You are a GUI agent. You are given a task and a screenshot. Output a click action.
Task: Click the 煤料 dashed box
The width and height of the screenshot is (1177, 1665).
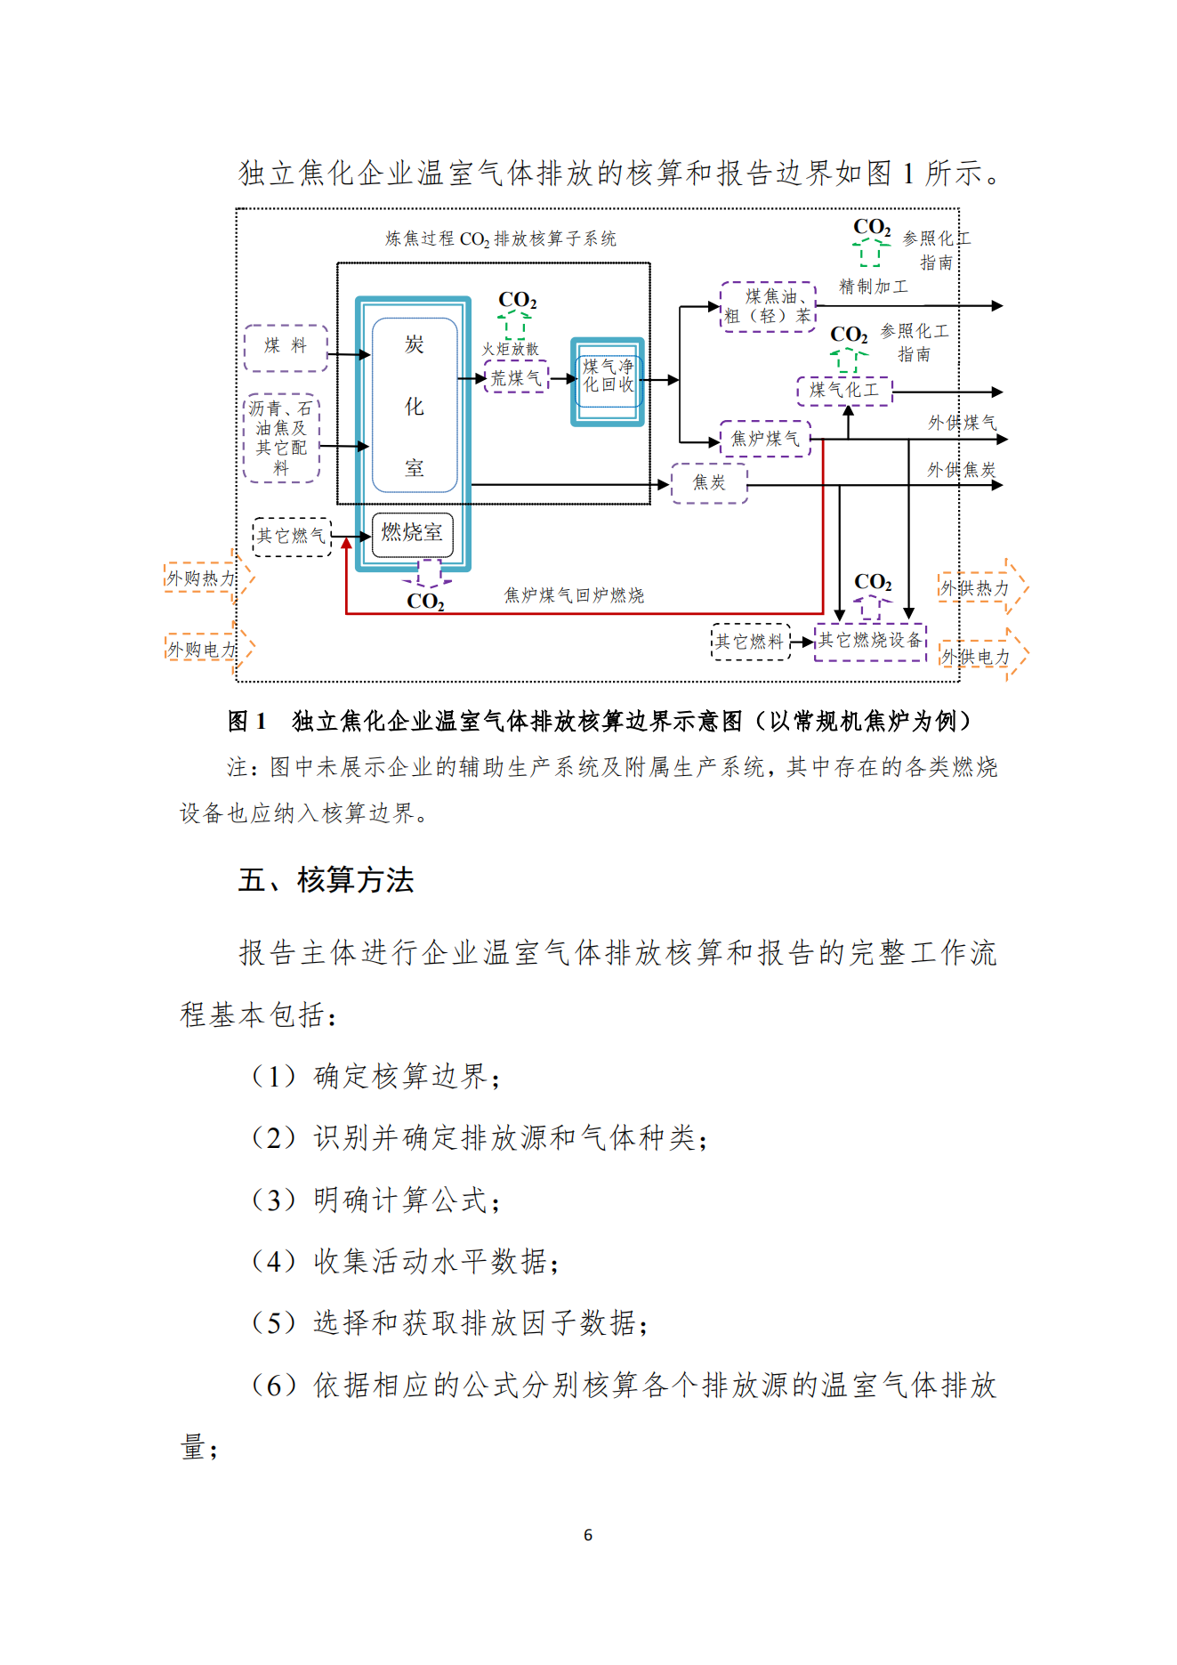point(286,347)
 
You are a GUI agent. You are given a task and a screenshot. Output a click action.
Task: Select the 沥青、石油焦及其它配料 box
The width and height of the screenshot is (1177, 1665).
point(281,438)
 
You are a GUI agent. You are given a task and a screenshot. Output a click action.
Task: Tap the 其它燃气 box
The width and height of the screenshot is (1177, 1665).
point(292,537)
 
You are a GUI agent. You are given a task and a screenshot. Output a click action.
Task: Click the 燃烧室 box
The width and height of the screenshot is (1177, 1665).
point(412,534)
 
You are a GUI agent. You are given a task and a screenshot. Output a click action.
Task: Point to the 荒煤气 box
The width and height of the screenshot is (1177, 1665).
point(516,377)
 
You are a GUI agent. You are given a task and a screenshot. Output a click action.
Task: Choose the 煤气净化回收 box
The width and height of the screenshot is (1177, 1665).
point(608,381)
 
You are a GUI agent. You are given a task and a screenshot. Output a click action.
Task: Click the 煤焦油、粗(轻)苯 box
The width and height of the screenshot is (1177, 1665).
point(768,307)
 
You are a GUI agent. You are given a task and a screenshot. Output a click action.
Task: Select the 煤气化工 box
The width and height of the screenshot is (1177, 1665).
point(844,391)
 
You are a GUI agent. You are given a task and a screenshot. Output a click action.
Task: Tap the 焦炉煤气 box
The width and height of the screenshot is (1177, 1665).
point(765,439)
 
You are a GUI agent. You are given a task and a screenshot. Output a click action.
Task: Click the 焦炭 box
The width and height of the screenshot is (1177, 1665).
point(709,483)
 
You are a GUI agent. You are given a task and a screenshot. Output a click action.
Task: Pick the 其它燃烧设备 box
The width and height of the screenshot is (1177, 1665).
point(870,641)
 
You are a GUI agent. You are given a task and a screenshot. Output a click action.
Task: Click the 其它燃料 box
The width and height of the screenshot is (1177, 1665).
point(750,642)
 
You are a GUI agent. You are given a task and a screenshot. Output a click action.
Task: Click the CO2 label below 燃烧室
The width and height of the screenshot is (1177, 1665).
point(425,602)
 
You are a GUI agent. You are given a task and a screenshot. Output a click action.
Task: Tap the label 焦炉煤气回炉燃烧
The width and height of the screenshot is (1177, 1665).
point(574,595)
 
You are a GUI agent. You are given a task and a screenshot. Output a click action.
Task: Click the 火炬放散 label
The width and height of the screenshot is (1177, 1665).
point(510,350)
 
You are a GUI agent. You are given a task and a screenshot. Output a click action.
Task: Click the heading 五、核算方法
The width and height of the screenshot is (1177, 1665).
point(326,880)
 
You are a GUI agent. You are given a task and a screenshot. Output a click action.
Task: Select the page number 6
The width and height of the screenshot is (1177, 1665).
point(588,1534)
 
